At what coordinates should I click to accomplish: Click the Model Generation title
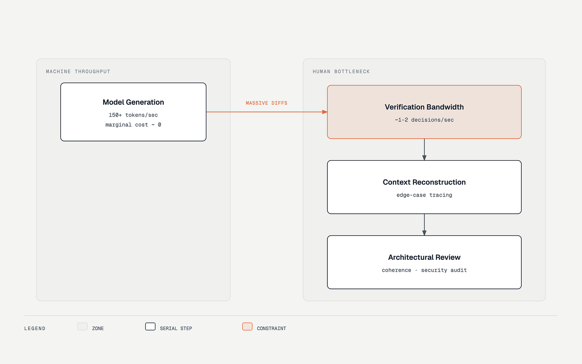(133, 102)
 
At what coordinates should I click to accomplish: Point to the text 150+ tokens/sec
(133, 115)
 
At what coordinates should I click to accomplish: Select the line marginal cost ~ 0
(133, 125)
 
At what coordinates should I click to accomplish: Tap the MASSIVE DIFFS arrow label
(267, 103)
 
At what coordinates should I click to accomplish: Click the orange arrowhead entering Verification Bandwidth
(325, 112)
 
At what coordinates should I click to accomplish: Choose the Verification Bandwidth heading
(424, 107)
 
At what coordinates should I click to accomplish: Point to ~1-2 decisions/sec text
(424, 120)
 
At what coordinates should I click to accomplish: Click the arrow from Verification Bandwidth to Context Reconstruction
(424, 149)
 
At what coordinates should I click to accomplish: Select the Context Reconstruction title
(424, 182)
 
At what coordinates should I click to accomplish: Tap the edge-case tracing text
(424, 195)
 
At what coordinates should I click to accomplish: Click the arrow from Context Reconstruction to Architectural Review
(424, 225)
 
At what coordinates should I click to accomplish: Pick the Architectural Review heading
(424, 257)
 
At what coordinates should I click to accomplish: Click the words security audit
(444, 270)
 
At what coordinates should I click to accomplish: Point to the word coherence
(397, 270)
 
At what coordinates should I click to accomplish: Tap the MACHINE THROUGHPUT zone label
(78, 72)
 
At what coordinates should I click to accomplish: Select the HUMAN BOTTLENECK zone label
(341, 72)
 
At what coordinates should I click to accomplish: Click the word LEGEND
(35, 328)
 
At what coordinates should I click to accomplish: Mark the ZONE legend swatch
(82, 326)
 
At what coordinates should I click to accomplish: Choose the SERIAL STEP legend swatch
(150, 326)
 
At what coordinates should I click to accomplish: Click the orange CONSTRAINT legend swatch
(247, 326)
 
